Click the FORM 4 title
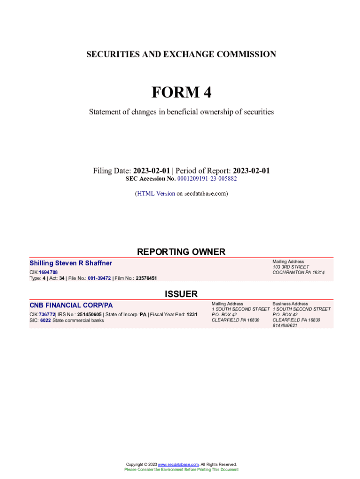pos(181,93)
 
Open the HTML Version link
pos(156,193)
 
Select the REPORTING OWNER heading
pos(181,252)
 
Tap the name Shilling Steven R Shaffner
pos(71,263)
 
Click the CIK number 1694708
pos(48,272)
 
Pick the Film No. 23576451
pos(146,278)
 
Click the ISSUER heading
pos(181,294)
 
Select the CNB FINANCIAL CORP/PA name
pos(71,305)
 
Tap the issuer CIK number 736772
pos(47,314)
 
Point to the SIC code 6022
pos(45,320)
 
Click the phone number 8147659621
pos(285,326)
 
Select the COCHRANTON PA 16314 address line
pos(298,272)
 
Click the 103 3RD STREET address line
pos(291,267)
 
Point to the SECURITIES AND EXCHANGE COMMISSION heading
pos(181,54)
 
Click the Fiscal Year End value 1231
pos(192,314)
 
